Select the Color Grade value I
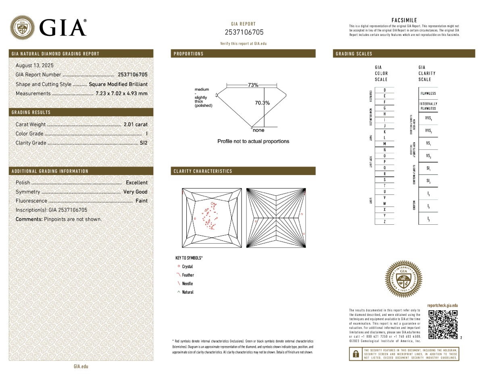[146, 134]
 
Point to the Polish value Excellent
[137, 183]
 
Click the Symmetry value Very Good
[136, 192]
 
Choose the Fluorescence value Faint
[141, 201]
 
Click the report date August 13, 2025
[34, 65]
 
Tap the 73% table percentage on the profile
[253, 85]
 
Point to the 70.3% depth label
[262, 103]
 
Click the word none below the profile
[259, 130]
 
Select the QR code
[442, 324]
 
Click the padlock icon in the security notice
[356, 354]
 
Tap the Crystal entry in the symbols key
[187, 267]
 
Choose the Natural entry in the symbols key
[188, 292]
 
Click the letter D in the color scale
[384, 90]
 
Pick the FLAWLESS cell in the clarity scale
[428, 94]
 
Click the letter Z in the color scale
[384, 221]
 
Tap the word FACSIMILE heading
[404, 20]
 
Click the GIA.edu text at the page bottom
[81, 366]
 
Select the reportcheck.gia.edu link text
[442, 306]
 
